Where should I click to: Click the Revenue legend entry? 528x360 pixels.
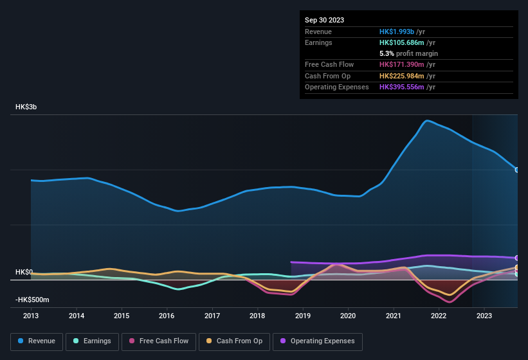[37, 341]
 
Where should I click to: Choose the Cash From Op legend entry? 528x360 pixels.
[234, 341]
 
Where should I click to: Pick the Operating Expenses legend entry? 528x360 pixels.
[318, 341]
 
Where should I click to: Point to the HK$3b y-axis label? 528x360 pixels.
[26, 107]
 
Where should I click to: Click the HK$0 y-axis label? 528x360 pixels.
[24, 272]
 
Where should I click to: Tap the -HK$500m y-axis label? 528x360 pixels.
[32, 300]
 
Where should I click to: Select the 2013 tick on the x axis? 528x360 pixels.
[31, 316]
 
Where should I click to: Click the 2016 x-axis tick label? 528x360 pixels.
[167, 316]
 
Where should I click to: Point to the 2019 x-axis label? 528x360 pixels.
[302, 316]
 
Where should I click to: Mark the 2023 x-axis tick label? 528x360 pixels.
[484, 316]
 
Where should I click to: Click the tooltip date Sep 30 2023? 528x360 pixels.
[324, 20]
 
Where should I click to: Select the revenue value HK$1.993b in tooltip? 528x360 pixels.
[397, 32]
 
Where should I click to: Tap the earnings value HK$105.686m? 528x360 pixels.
[401, 42]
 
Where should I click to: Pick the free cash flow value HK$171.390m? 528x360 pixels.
[401, 65]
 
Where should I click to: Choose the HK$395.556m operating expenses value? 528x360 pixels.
[401, 87]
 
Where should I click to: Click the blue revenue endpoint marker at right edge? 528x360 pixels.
[517, 170]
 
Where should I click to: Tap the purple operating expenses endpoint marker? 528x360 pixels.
[517, 258]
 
